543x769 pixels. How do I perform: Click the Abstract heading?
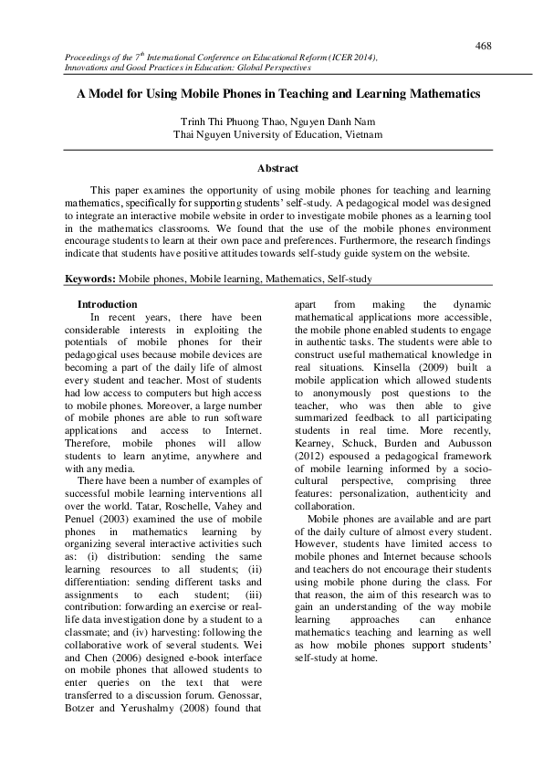tap(277, 168)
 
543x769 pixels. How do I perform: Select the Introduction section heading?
tap(107, 304)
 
